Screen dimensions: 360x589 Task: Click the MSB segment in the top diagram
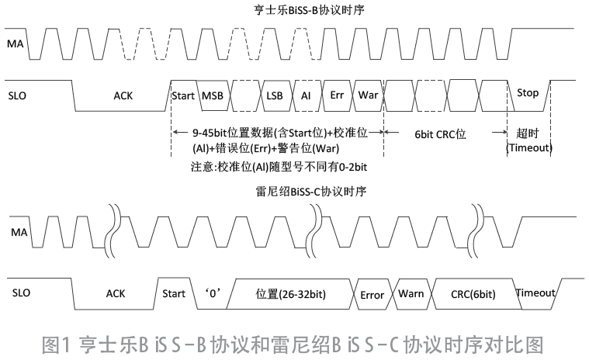(212, 94)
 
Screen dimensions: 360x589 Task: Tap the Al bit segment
(306, 94)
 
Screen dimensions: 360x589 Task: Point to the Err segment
(336, 94)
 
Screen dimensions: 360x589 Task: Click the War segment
(367, 94)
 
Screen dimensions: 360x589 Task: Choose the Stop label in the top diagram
(527, 93)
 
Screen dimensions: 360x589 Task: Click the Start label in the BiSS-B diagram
(182, 94)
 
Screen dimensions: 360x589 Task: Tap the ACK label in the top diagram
(123, 95)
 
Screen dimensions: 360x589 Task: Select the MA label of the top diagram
(16, 45)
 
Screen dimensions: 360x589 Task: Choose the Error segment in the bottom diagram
(372, 295)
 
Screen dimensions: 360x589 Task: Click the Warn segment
(411, 294)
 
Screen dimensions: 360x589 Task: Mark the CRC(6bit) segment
(473, 294)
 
